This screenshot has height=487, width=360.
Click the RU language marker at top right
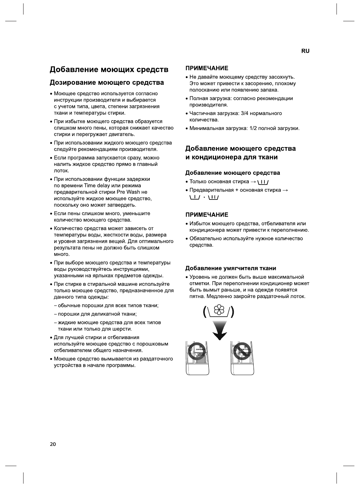(x=305, y=51)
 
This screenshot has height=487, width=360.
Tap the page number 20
(x=53, y=444)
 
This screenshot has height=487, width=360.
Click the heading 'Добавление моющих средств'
(x=109, y=69)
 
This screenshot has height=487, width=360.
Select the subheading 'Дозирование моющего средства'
(x=107, y=83)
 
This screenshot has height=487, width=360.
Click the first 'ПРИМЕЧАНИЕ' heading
(x=207, y=68)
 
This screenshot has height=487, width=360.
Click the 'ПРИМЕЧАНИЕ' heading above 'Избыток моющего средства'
(x=207, y=215)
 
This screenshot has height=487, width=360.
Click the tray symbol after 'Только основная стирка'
(x=263, y=182)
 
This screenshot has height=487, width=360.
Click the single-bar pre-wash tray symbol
(x=195, y=197)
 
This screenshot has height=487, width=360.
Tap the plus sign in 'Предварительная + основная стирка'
(x=236, y=190)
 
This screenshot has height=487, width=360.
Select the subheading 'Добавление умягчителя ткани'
(x=230, y=268)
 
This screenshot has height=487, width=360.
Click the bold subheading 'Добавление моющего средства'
(x=232, y=173)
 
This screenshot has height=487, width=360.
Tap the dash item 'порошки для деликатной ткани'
(x=97, y=314)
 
